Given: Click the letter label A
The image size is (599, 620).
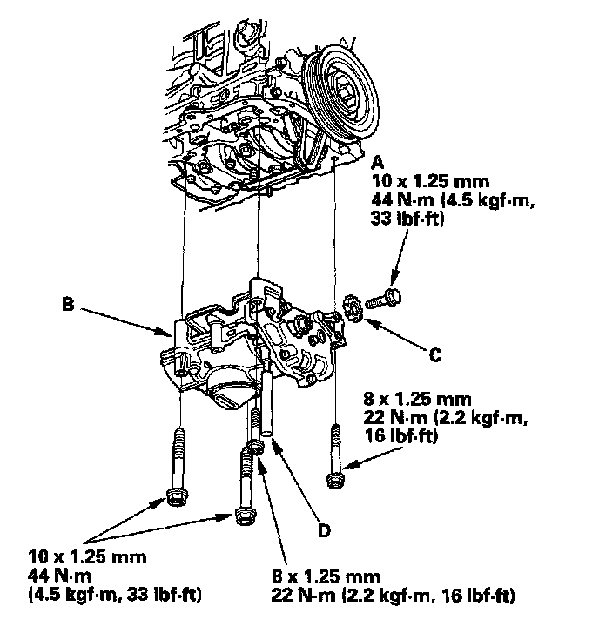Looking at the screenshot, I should click(377, 162).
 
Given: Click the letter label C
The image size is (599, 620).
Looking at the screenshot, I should click(434, 354).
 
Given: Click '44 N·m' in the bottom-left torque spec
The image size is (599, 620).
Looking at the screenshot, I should click(62, 576).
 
